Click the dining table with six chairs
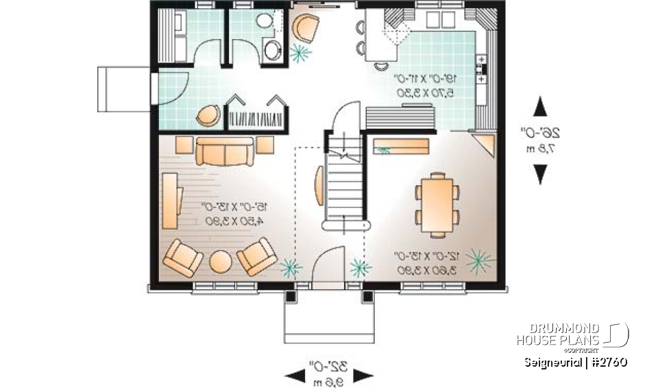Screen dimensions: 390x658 [437, 204]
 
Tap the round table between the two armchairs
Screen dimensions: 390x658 [220, 262]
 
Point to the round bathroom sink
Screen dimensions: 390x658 [271, 49]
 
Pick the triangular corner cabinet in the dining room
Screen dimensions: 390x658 [486, 145]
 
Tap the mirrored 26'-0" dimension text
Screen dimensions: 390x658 [546, 134]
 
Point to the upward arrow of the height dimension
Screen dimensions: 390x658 [540, 106]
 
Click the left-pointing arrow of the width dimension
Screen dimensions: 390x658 [294, 375]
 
